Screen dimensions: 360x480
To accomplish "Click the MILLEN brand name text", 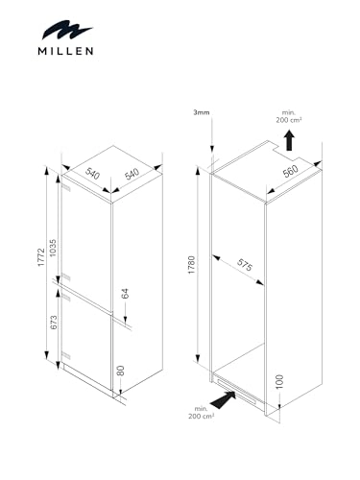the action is coord(65,51).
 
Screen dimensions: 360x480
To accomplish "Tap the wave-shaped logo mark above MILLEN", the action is coord(66,30).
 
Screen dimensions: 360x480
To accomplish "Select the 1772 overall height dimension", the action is coord(40,256).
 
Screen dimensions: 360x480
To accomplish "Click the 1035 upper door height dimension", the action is coord(53,248).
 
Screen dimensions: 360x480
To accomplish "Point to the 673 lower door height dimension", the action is coord(54,323).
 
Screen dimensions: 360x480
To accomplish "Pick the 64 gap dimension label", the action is coord(125,294).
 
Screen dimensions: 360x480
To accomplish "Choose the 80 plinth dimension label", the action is coord(120,371).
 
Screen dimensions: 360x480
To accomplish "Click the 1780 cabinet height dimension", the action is coord(191,265).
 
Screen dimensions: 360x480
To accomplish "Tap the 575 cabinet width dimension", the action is coord(245,265).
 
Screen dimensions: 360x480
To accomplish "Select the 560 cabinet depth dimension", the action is coord(291,171).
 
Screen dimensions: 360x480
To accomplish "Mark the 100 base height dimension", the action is coord(279,381).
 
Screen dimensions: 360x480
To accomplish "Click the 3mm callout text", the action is coord(202,112).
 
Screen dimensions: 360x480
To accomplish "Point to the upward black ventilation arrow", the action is coord(290,140).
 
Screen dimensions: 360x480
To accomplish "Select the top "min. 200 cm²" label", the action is coord(289,116).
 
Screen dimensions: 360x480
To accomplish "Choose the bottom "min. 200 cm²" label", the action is coord(201,413).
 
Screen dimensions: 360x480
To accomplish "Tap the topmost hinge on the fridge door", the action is coord(65,188).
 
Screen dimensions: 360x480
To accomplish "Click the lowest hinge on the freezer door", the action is coord(66,355).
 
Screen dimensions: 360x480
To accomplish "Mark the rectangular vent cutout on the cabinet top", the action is coord(287,150).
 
